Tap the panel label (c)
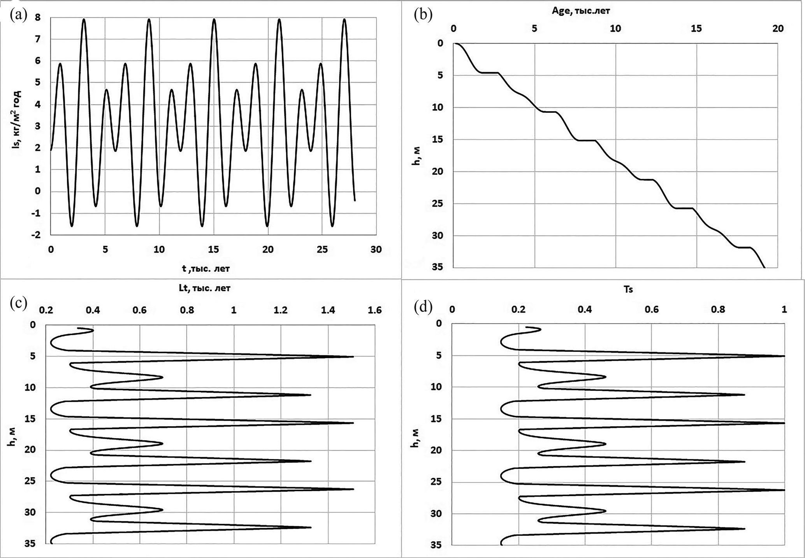pyautogui.click(x=18, y=303)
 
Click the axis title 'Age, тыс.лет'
pyautogui.click(x=581, y=11)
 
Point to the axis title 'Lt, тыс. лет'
pyautogui.click(x=204, y=288)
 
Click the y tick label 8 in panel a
pyautogui.click(x=38, y=17)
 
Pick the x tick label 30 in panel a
pyautogui.click(x=376, y=250)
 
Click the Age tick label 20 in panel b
pyautogui.click(x=778, y=28)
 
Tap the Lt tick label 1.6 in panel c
pyautogui.click(x=375, y=310)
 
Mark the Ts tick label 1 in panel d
pyautogui.click(x=784, y=310)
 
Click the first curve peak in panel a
pyautogui.click(x=60, y=63)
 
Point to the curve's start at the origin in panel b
pyautogui.click(x=454, y=43)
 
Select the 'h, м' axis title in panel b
pyautogui.click(x=416, y=157)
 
